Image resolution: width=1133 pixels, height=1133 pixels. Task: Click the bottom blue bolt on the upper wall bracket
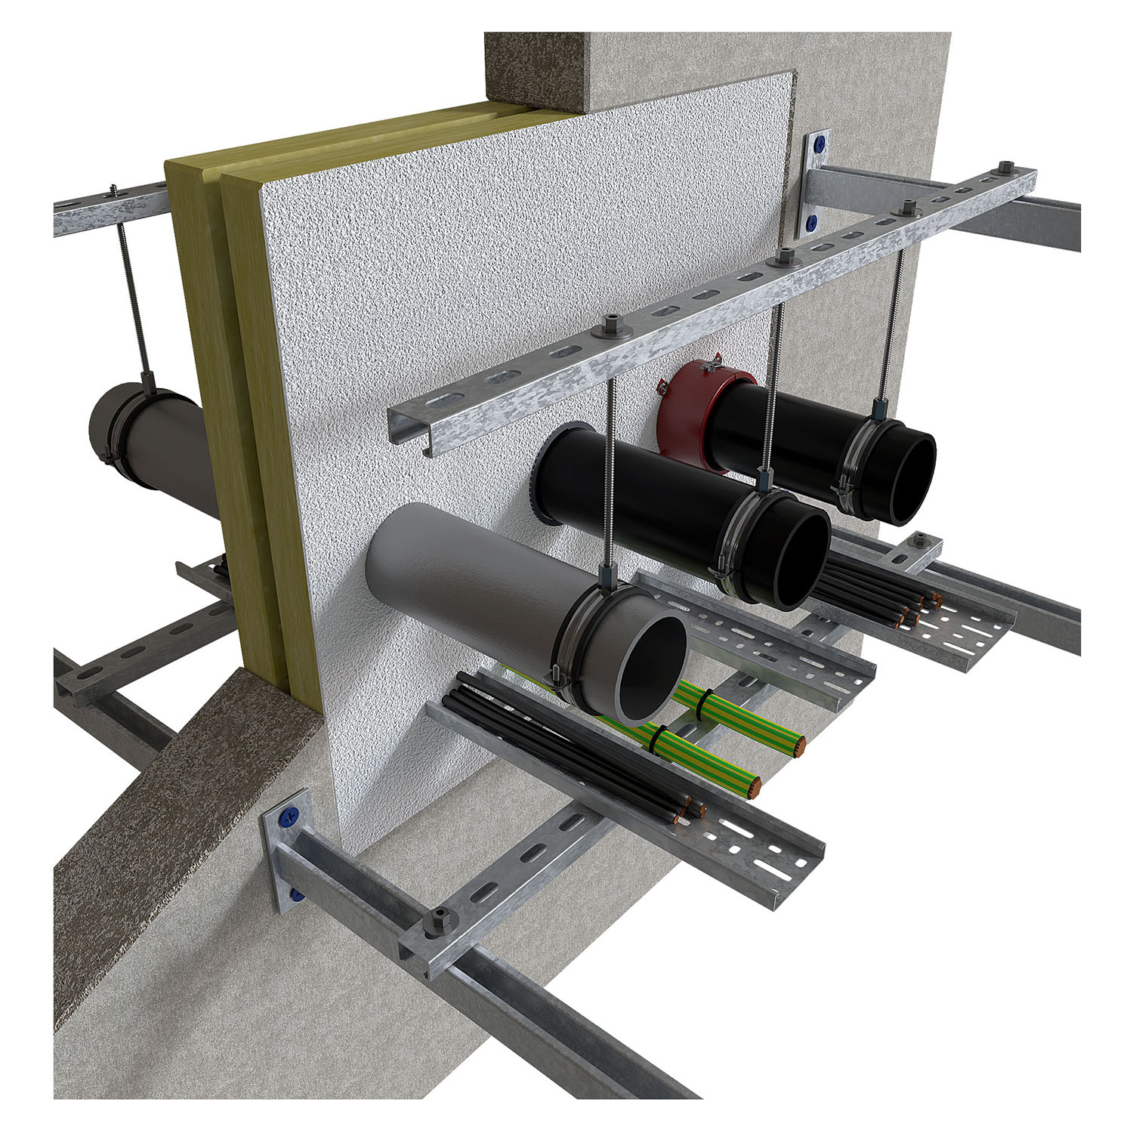click(813, 222)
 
